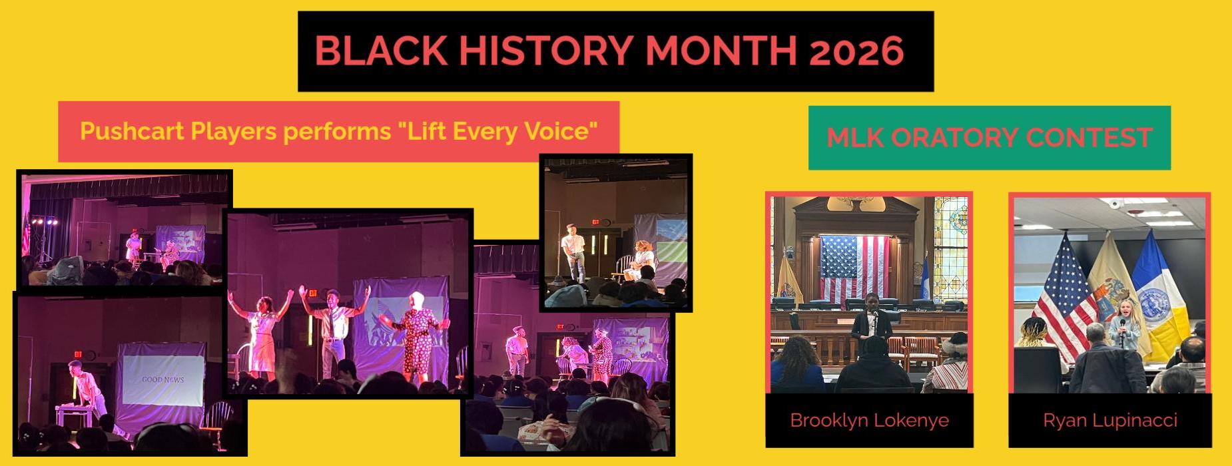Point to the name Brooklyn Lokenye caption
tap(869, 421)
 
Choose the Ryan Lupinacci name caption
tap(1110, 421)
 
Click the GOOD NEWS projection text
tap(162, 379)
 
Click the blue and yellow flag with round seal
tap(1161, 293)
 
